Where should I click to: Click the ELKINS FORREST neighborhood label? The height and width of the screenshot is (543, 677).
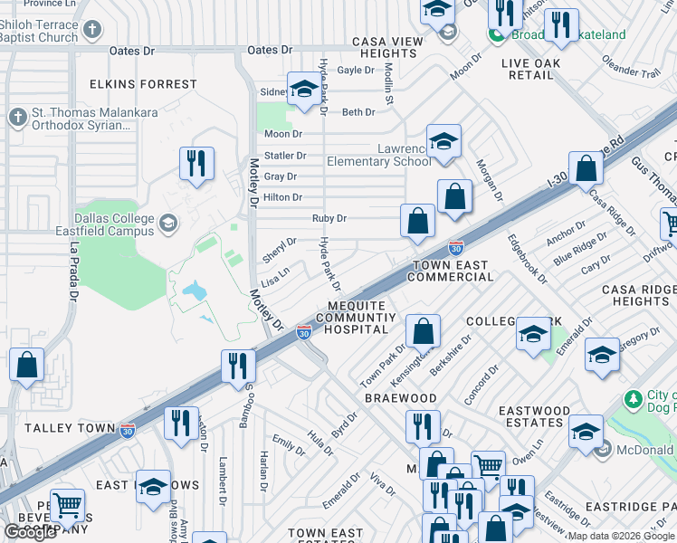pos(143,84)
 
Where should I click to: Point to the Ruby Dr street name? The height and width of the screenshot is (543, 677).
pos(329,218)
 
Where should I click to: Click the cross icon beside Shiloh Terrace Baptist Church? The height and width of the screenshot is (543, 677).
pos(91,31)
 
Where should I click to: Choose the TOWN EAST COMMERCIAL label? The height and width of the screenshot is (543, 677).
pos(450,271)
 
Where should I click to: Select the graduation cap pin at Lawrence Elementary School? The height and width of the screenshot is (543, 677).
pos(443,141)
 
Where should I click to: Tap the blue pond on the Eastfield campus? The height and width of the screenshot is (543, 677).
pos(193,291)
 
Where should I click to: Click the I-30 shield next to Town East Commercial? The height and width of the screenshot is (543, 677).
pos(457,247)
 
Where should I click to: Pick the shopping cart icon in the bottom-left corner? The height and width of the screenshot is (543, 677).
pos(67,505)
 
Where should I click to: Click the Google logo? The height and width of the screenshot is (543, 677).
pos(30,532)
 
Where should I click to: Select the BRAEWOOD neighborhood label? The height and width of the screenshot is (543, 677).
pos(400,398)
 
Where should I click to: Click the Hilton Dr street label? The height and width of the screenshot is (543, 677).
pos(282,197)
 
